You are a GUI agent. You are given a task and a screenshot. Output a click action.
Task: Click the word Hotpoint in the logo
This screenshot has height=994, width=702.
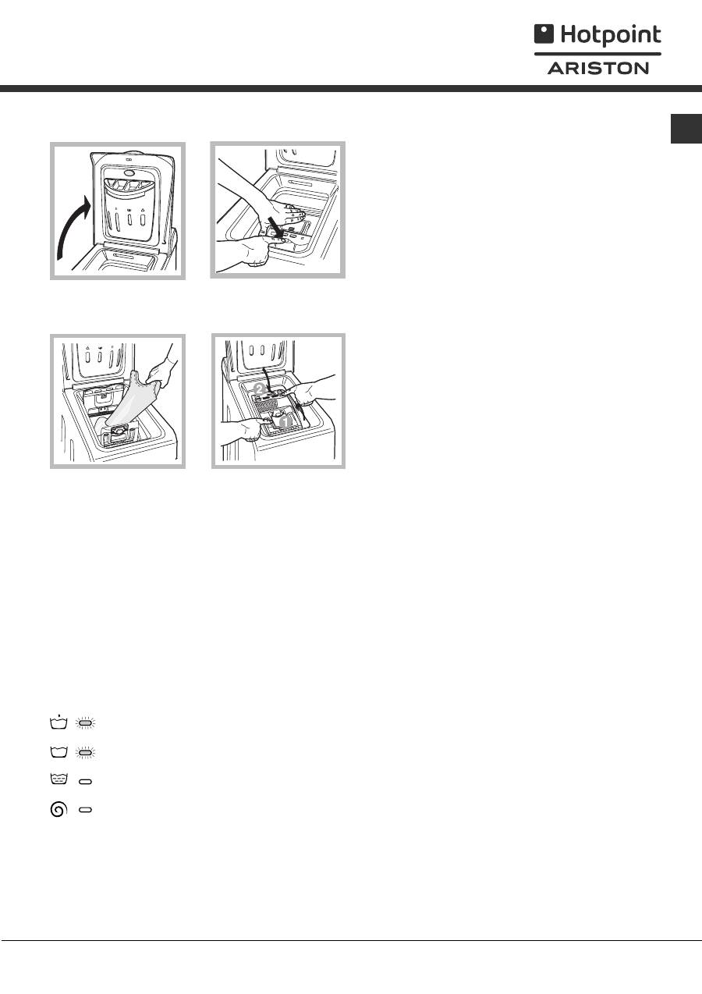[611, 35]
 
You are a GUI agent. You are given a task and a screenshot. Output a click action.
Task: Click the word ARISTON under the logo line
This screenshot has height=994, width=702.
[597, 69]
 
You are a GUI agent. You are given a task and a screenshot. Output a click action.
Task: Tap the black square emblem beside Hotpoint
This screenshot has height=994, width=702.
[544, 34]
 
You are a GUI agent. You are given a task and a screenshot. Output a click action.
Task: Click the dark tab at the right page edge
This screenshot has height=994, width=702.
[686, 129]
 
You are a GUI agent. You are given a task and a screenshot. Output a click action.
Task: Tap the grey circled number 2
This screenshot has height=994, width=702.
[260, 389]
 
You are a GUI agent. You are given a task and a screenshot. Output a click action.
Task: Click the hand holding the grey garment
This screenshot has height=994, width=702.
[162, 367]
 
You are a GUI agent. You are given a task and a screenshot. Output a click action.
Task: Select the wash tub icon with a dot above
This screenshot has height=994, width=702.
[58, 722]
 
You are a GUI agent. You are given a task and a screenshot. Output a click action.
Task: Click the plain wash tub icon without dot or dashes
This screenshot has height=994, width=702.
[58, 752]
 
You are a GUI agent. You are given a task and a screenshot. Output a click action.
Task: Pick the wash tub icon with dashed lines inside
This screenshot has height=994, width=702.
[58, 779]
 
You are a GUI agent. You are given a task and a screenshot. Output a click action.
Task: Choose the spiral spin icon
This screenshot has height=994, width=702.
[58, 809]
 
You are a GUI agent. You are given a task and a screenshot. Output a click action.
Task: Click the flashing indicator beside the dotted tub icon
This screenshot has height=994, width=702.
[85, 723]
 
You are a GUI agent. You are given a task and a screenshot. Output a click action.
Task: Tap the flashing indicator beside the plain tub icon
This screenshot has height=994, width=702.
[85, 753]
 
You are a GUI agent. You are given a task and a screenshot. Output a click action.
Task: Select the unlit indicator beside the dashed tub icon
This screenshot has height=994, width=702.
[85, 782]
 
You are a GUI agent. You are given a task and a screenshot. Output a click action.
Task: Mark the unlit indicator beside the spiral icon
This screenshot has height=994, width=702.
[85, 810]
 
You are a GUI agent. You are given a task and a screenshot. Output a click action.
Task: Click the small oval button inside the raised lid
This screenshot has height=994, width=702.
[129, 172]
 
